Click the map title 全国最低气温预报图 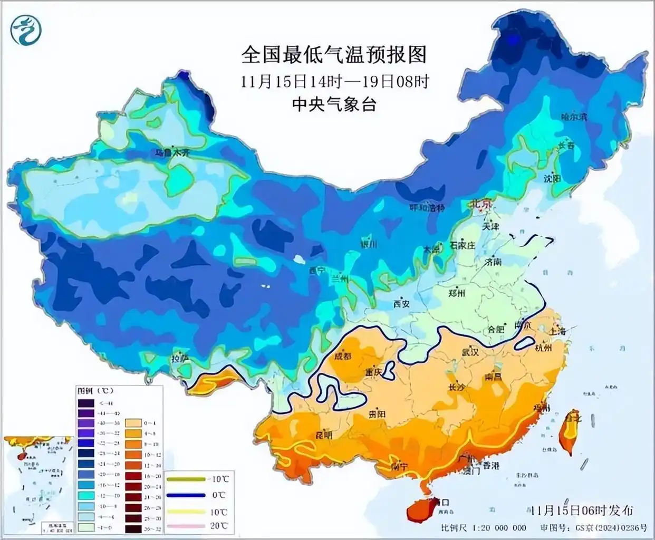point(333,54)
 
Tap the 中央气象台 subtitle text point(334,104)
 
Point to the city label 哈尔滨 point(574,117)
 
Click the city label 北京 point(480,203)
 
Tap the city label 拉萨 point(179,359)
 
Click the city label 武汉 point(470,351)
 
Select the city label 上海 point(556,331)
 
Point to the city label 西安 point(401,304)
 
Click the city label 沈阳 point(552,179)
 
